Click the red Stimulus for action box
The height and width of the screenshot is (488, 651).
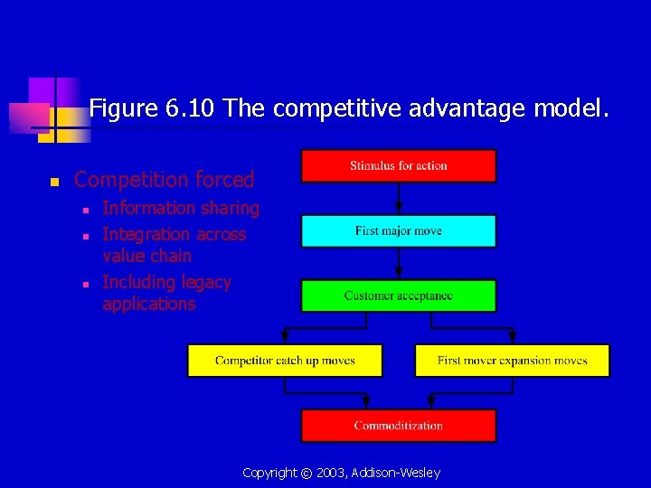(398, 166)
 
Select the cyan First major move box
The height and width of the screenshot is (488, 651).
(398, 231)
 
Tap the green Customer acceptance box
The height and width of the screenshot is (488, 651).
(398, 296)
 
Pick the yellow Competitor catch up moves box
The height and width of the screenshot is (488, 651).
(285, 361)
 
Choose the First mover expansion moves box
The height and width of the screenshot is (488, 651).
(512, 361)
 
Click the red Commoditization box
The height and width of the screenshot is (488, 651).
(398, 426)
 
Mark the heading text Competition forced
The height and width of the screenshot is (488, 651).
(164, 180)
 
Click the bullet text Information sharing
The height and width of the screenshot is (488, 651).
(181, 209)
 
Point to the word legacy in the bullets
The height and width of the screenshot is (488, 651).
(205, 283)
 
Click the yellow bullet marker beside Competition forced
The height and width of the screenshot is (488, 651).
(54, 182)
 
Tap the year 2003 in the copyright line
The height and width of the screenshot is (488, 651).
(327, 474)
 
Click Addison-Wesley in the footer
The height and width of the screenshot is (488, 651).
(398, 474)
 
